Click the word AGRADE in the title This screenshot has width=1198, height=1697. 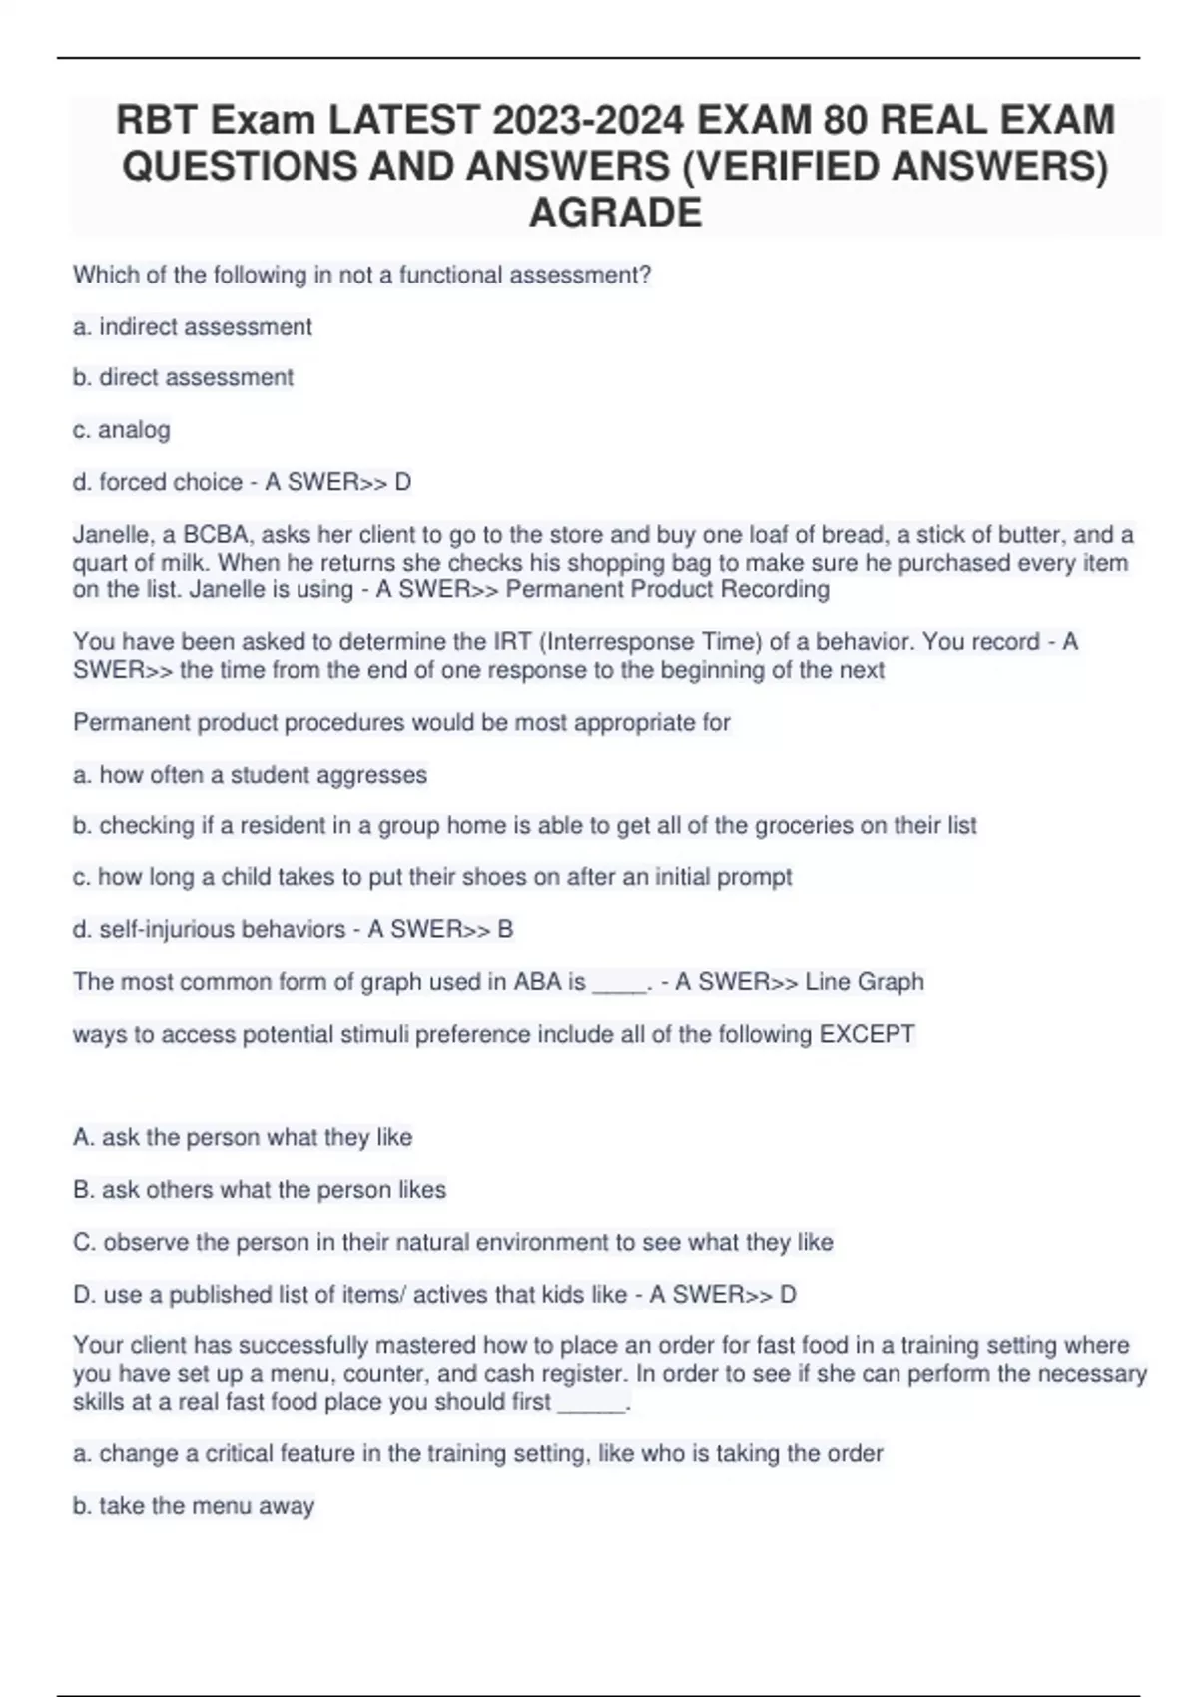pos(615,212)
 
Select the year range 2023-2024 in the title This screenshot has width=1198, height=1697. pos(588,121)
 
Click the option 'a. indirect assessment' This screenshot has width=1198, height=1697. pos(192,326)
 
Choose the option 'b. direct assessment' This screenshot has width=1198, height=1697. pos(183,377)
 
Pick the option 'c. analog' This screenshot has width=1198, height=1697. pos(121,429)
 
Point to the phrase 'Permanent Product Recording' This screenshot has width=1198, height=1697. pos(667,589)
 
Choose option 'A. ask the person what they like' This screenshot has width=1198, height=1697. pos(243,1137)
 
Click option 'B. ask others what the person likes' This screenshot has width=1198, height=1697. pos(260,1189)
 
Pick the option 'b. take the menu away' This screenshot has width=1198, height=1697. pos(194,1505)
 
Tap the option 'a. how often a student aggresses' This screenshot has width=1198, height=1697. pos(250,774)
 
